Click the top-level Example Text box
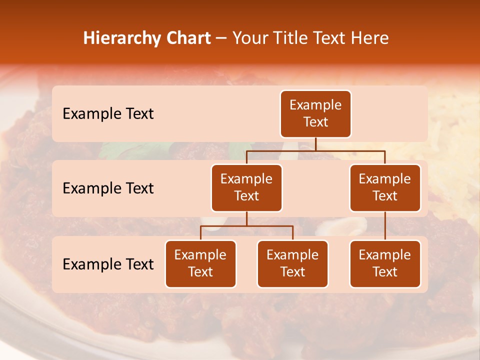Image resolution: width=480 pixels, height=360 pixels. pyautogui.click(x=315, y=114)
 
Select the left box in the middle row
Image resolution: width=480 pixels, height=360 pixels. pyautogui.click(x=246, y=188)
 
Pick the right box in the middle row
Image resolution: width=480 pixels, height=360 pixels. pyautogui.click(x=385, y=188)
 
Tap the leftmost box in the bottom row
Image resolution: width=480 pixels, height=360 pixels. pyautogui.click(x=200, y=264)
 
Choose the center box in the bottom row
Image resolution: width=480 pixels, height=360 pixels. pyautogui.click(x=292, y=264)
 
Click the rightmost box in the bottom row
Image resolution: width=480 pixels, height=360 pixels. pyautogui.click(x=385, y=264)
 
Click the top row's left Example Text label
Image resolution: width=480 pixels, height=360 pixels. pyautogui.click(x=108, y=114)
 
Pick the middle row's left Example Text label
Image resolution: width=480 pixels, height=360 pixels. pyautogui.click(x=108, y=188)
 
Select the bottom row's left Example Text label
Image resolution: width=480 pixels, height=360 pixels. pyautogui.click(x=108, y=264)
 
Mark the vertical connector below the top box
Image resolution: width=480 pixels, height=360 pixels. pyautogui.click(x=315, y=144)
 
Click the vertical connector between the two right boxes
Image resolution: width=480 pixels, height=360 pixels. pyautogui.click(x=385, y=226)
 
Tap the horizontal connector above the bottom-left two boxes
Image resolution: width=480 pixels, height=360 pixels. pyautogui.click(x=246, y=226)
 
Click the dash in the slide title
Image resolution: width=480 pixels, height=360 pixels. pyautogui.click(x=221, y=38)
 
